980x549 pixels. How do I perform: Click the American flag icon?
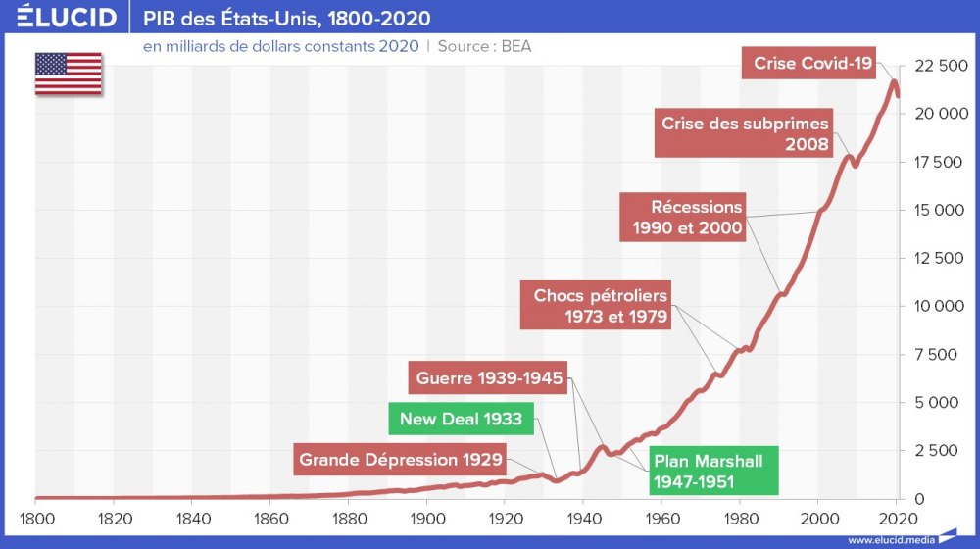pyautogui.click(x=69, y=74)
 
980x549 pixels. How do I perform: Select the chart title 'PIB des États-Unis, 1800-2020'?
pyautogui.click(x=286, y=19)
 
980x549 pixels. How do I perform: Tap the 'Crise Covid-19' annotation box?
pyautogui.click(x=813, y=63)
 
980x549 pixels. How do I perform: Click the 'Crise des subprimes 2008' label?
pyautogui.click(x=745, y=134)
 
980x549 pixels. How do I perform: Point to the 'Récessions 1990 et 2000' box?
pyautogui.click(x=682, y=218)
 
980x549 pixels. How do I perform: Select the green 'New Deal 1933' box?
pyautogui.click(x=461, y=419)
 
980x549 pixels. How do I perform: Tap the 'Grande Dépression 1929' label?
pyautogui.click(x=401, y=459)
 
